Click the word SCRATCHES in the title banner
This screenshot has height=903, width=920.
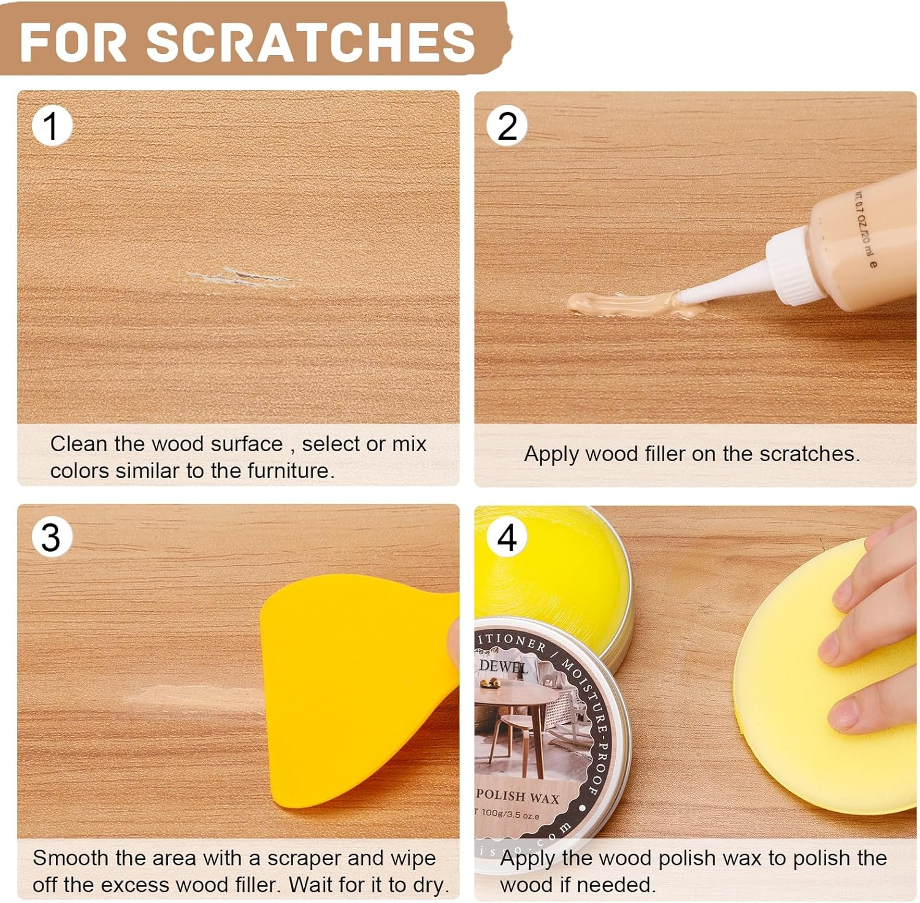pyautogui.click(x=310, y=42)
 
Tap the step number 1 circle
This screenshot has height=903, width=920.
pyautogui.click(x=52, y=126)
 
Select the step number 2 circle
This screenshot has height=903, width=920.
pyautogui.click(x=507, y=126)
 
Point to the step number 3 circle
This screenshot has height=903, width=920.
pyautogui.click(x=52, y=537)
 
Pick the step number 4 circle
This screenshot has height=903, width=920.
pyautogui.click(x=507, y=538)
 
